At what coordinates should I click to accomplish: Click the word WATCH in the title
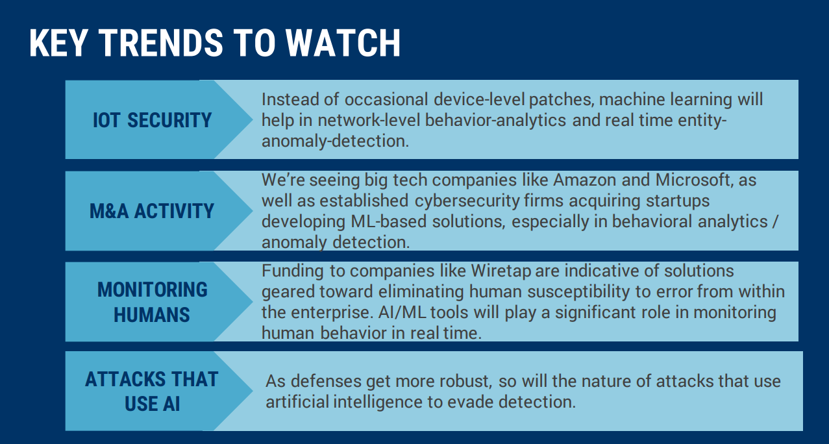pos(343,43)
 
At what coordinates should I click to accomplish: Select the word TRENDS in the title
pos(161,43)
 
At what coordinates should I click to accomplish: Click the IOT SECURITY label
pos(152,120)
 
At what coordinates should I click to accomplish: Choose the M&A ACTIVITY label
pos(152,211)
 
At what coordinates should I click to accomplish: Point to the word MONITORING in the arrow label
pos(152,290)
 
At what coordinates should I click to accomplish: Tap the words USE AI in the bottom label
pos(152,404)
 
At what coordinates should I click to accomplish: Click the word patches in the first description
pos(562,100)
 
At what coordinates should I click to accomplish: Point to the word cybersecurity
pos(467,201)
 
